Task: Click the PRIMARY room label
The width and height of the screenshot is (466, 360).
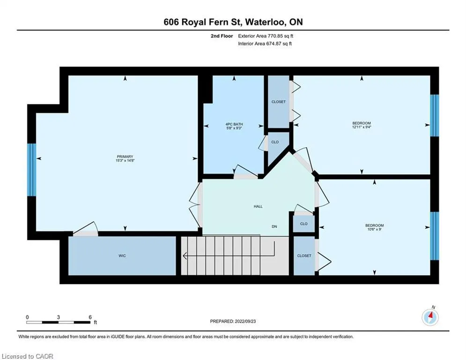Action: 125,157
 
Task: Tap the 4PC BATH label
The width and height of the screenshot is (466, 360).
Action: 234,124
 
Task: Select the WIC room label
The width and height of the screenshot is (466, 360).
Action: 122,256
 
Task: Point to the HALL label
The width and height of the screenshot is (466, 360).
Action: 258,206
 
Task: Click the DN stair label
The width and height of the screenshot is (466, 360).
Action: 274,227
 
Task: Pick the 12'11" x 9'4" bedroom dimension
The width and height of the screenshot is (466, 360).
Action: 362,127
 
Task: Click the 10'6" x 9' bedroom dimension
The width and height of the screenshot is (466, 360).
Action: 375,229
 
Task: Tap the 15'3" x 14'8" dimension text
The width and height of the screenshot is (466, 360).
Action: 125,161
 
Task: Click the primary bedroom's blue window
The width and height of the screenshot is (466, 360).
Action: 31,170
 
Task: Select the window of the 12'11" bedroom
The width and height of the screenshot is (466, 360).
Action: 435,115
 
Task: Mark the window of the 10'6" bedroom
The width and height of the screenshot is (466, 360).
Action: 435,236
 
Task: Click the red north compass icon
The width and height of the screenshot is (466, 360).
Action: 430,318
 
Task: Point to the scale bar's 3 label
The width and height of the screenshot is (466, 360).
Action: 58,317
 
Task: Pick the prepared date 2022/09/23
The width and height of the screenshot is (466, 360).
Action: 245,321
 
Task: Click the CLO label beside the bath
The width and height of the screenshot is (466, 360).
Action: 275,142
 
